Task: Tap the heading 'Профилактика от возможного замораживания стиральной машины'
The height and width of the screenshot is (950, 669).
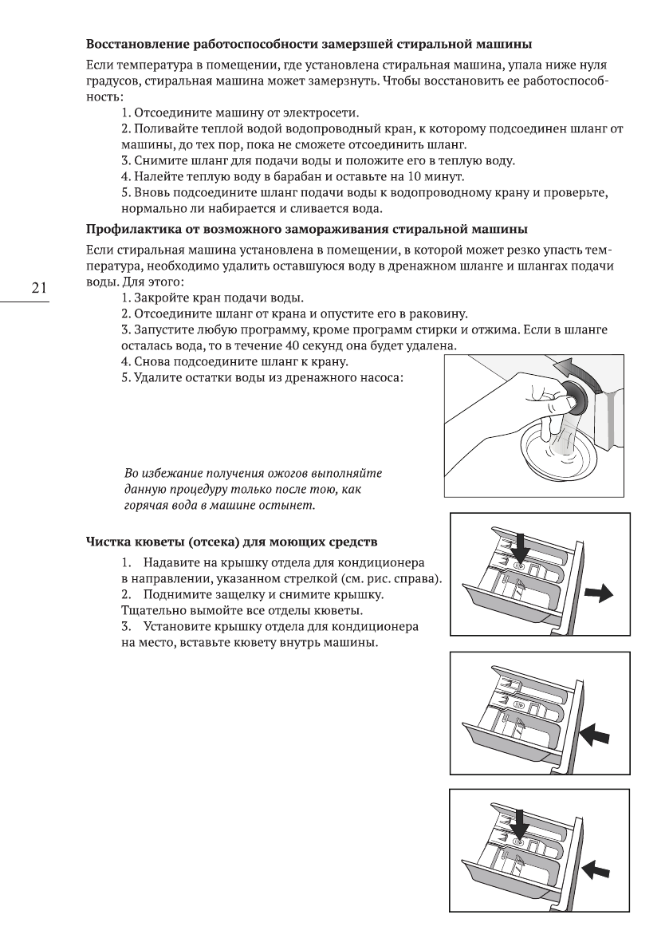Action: tap(306, 231)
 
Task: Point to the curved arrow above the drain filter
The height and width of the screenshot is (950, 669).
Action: tap(578, 368)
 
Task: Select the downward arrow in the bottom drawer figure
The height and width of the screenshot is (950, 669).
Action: tap(521, 822)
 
